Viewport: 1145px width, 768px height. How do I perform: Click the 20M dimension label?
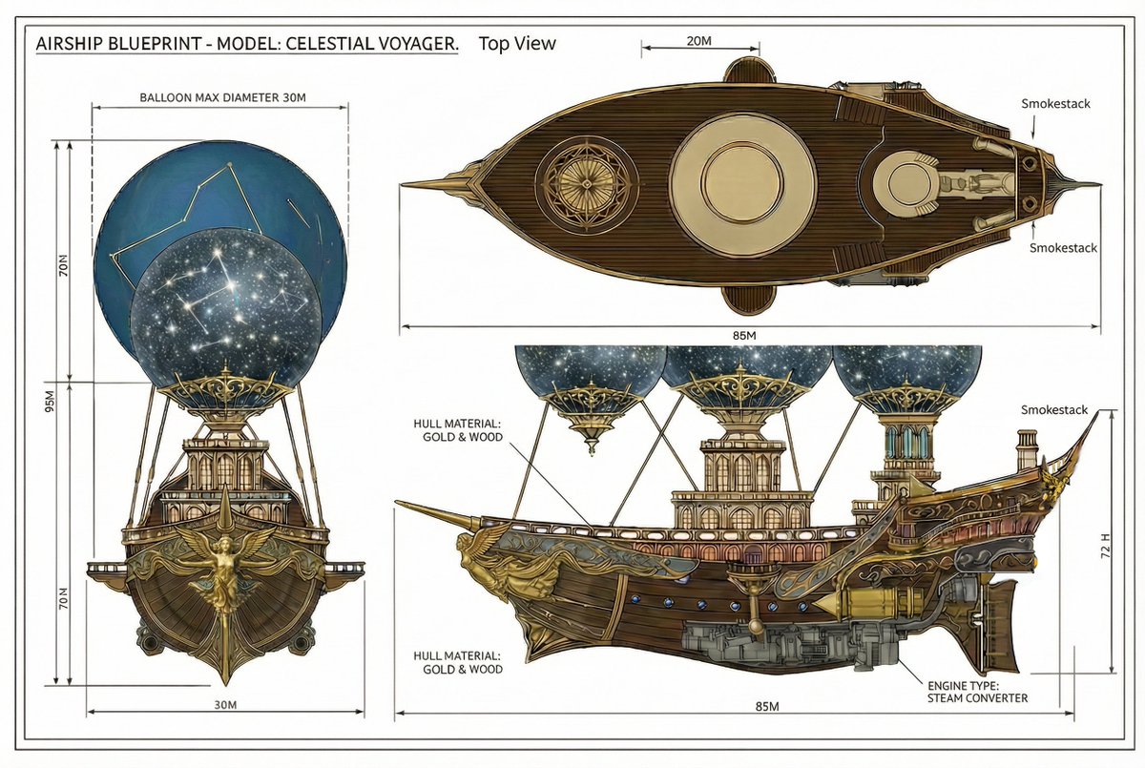(698, 41)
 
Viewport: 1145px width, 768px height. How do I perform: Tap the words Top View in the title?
(517, 44)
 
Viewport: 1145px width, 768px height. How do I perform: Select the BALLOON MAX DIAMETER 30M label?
(223, 97)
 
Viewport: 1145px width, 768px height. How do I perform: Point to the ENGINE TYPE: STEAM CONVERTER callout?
(977, 692)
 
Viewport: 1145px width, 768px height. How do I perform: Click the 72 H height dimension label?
(1105, 545)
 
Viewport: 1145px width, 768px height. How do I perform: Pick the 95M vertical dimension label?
(50, 401)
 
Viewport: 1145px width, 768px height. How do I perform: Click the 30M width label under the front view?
(225, 705)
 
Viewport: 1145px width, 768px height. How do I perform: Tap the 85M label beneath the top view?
(744, 336)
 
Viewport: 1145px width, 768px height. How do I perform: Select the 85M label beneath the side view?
(767, 706)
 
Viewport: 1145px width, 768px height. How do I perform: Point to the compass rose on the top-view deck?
(587, 185)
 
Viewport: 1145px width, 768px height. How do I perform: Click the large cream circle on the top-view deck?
(742, 184)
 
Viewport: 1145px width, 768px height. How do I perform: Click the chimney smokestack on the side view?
(1027, 449)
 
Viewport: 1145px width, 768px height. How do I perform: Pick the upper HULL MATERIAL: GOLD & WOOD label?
(458, 430)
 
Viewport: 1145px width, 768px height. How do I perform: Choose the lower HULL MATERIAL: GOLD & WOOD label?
(458, 662)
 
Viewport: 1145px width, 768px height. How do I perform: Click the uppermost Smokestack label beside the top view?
(1055, 104)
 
